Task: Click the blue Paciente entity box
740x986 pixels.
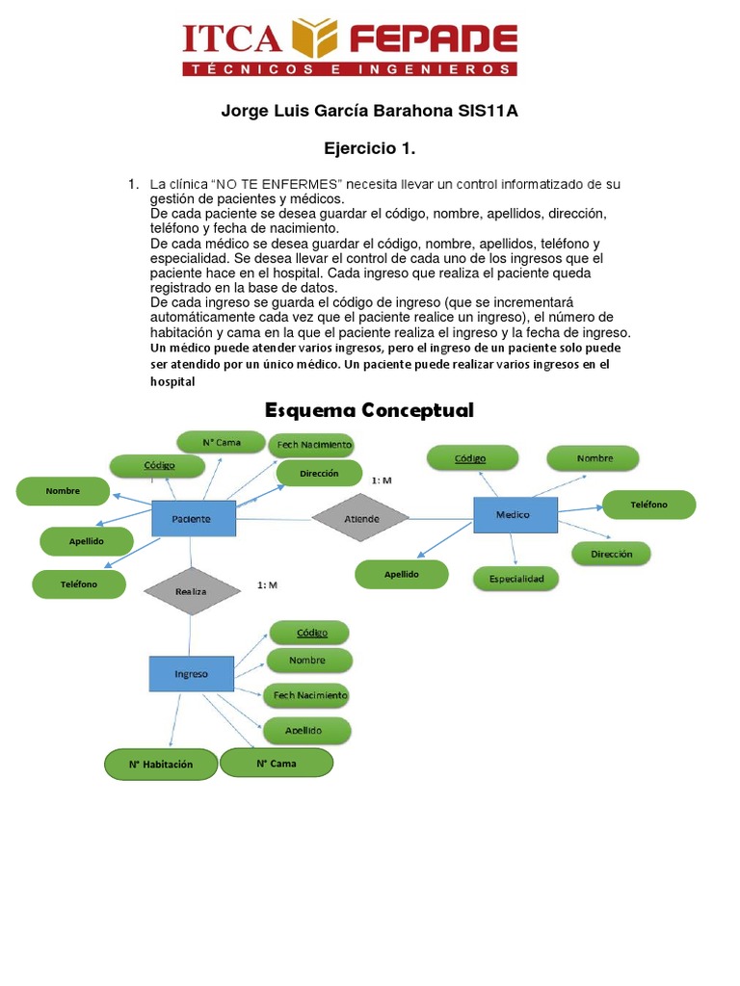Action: tap(194, 519)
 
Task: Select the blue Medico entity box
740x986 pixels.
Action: tap(515, 515)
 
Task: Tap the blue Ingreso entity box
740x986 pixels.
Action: tap(191, 674)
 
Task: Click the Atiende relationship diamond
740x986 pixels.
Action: tap(361, 519)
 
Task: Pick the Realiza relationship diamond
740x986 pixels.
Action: tap(191, 591)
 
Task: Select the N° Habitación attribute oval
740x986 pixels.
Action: tap(160, 765)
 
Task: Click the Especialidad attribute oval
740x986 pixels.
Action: tap(516, 579)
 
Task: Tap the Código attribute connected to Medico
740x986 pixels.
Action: tap(471, 459)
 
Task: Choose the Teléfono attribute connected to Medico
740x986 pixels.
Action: tap(648, 505)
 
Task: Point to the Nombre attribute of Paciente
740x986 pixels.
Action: tap(63, 491)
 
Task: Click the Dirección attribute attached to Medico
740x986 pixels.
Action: tap(612, 554)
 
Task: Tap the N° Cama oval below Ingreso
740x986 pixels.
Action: tap(277, 764)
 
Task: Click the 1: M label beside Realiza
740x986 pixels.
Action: tap(267, 584)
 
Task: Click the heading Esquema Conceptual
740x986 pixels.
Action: tap(369, 410)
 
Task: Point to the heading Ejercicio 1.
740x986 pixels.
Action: tap(369, 148)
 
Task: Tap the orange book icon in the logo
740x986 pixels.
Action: tap(316, 39)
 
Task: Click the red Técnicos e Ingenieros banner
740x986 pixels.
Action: tap(350, 69)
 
